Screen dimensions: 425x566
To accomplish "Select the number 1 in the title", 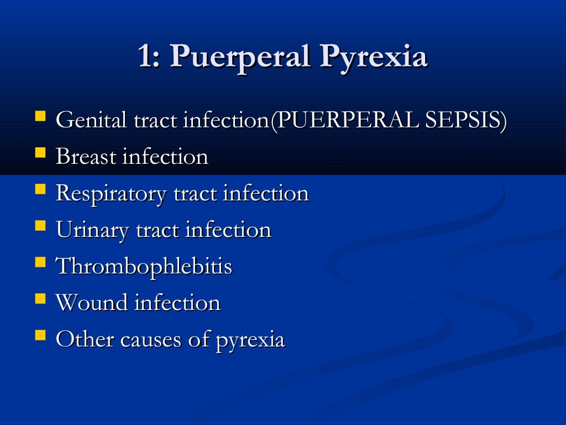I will (x=145, y=57).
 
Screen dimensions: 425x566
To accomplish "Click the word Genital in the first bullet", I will (x=92, y=121).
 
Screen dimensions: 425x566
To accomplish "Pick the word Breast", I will (x=86, y=157).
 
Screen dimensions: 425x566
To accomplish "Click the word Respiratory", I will (x=111, y=194).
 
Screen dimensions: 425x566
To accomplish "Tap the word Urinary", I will (x=93, y=230).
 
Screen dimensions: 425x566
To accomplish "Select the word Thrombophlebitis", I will (x=144, y=267).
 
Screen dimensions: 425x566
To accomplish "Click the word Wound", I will (x=91, y=303).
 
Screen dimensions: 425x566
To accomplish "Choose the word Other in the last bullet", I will (x=85, y=339).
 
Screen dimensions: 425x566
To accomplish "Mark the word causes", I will (x=149, y=339).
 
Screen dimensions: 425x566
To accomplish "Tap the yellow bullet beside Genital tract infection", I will (x=40, y=117).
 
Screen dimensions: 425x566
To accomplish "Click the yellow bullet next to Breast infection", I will (x=40, y=153).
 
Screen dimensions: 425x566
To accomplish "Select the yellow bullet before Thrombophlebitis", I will (x=40, y=262).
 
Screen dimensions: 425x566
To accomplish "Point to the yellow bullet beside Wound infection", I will (x=40, y=299).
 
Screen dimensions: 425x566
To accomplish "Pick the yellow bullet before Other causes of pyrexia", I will (x=40, y=335).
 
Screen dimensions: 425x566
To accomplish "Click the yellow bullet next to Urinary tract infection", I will (x=40, y=226).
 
